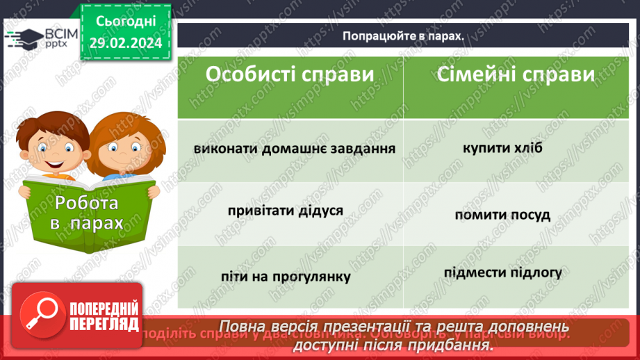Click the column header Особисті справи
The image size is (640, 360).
coord(290,75)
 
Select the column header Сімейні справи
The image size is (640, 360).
coord(516,74)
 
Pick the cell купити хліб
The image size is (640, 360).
coord(502,148)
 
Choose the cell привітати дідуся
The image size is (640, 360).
coord(285,210)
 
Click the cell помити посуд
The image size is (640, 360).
coord(502,215)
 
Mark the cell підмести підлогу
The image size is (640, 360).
coord(502,272)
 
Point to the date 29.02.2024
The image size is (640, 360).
coord(125,43)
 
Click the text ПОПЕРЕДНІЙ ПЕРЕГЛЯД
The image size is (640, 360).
coord(105,317)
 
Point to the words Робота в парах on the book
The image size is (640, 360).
coord(88,213)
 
